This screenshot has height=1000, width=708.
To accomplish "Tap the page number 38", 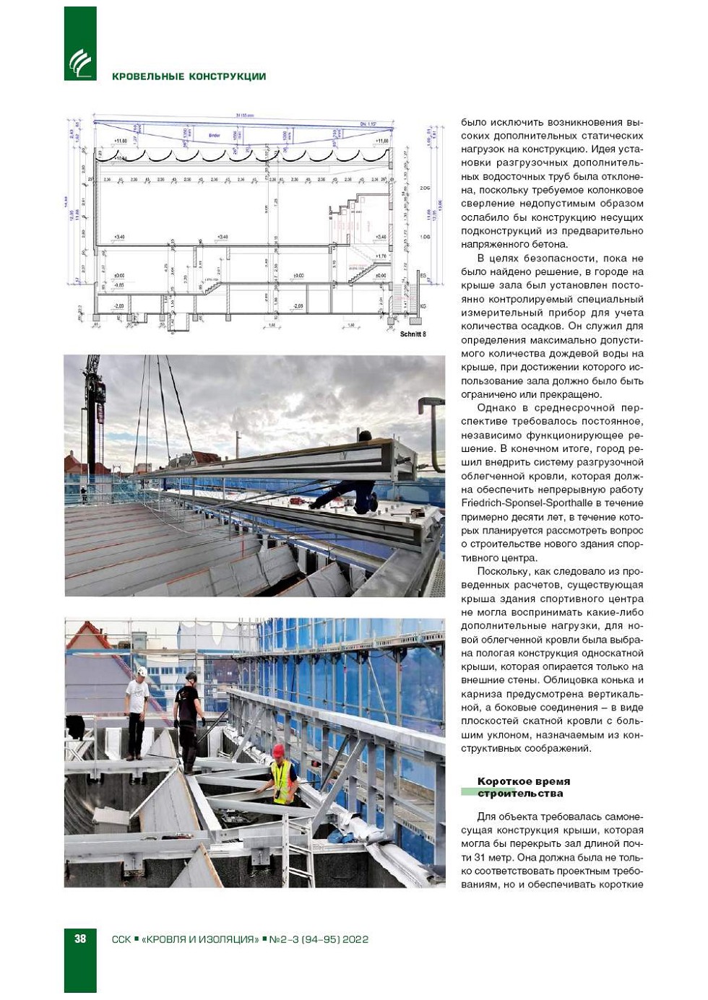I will (80, 939).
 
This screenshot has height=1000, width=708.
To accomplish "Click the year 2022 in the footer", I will (355, 939).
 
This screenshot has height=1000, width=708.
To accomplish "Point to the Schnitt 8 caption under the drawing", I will (413, 334).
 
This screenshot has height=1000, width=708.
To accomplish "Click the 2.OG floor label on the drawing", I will (424, 188).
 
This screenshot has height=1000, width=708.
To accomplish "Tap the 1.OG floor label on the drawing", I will (424, 236).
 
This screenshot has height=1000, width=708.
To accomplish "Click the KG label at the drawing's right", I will (423, 306).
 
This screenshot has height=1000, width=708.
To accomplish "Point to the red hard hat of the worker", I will (278, 751).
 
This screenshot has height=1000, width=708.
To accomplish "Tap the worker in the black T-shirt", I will (190, 715).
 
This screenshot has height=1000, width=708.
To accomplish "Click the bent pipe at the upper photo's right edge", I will (436, 419).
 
